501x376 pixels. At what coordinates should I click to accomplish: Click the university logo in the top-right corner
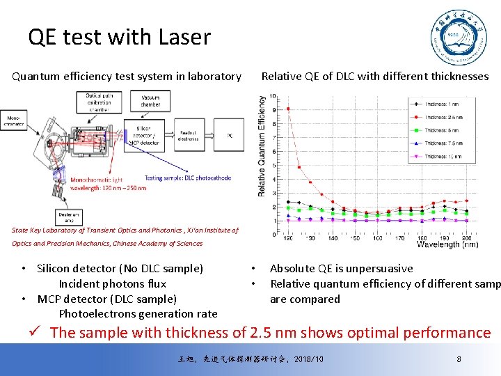(456, 38)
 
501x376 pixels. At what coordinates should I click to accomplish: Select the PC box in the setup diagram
(230, 135)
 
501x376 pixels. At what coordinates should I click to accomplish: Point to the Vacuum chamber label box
(150, 100)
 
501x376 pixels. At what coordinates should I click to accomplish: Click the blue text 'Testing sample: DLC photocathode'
(188, 178)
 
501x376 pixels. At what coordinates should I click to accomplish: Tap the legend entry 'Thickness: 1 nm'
(443, 104)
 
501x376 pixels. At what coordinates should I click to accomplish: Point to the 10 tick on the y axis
(273, 96)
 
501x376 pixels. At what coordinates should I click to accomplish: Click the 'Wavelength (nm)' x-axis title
(447, 244)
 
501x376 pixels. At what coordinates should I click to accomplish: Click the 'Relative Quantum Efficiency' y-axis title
(262, 146)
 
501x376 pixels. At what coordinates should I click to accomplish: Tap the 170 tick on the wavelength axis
(399, 238)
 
